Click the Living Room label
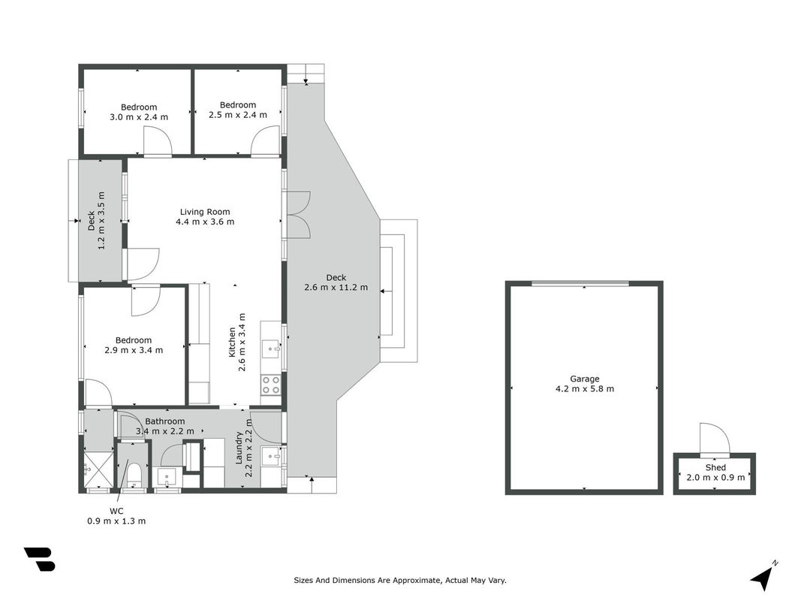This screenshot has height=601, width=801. click(x=205, y=212)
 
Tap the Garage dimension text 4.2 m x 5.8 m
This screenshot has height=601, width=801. click(x=584, y=388)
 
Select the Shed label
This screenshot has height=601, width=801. click(x=715, y=467)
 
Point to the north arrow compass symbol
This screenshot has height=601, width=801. click(x=763, y=576)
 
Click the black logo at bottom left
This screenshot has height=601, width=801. click(x=39, y=559)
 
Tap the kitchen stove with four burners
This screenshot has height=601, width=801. click(x=271, y=385)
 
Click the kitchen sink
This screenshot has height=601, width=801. click(x=271, y=349)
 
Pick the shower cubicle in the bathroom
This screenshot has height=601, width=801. click(x=98, y=469)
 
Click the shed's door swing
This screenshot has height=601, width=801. click(x=715, y=439)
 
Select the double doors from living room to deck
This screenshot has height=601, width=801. click(x=298, y=214)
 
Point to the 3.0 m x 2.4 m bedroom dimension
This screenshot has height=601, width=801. click(x=139, y=117)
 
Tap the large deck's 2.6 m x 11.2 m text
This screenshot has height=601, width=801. click(x=336, y=287)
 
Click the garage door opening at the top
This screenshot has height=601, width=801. click(x=580, y=284)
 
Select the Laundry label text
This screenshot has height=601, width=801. click(x=239, y=448)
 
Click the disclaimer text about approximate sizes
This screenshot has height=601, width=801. click(x=400, y=580)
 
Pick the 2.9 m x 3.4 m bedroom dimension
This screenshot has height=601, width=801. click(x=134, y=350)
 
